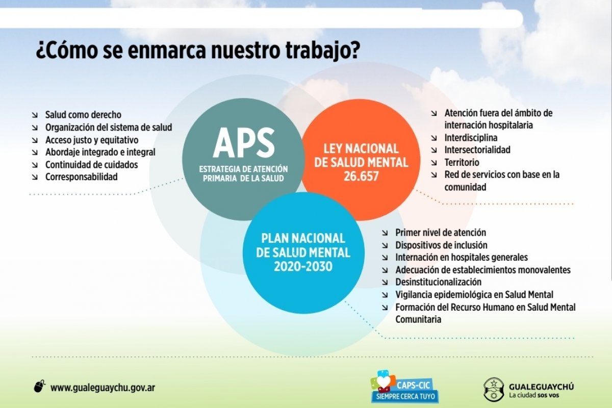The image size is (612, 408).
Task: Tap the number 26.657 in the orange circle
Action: [361, 176]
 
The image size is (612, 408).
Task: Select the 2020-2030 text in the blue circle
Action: [303, 266]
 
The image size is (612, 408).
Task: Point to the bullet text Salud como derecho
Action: [83, 115]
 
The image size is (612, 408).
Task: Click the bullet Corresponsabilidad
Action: [82, 177]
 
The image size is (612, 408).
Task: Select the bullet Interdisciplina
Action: [471, 138]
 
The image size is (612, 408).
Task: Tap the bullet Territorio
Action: [462, 163]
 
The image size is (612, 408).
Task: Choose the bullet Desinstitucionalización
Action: [438, 282]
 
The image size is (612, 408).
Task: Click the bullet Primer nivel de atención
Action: [441, 233]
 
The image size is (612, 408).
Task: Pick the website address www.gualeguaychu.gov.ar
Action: [103, 388]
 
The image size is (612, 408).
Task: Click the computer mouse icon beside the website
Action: [40, 387]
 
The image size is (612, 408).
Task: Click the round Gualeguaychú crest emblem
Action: [494, 390]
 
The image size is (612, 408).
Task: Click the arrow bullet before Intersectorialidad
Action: [434, 150]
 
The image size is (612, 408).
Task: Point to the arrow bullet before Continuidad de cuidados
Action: [35, 165]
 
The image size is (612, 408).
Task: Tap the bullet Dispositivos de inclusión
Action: [441, 245]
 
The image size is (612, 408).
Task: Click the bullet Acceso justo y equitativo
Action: [92, 140]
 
